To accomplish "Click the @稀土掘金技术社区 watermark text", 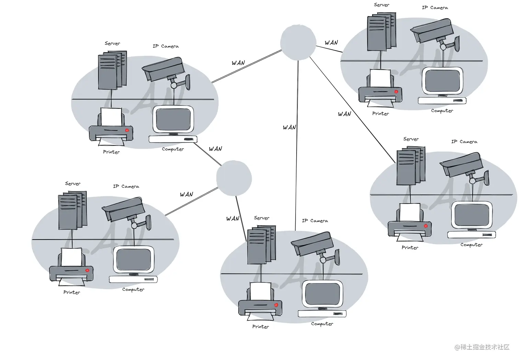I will (482, 347).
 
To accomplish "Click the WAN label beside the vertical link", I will (289, 127).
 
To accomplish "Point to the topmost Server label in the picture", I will (381, 5).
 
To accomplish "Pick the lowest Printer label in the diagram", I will (261, 327).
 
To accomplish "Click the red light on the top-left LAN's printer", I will (127, 130).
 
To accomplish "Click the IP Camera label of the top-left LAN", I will (165, 46).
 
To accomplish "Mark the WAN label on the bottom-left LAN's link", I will (186, 195).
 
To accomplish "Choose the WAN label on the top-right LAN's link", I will (331, 43).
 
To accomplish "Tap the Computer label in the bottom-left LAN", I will (133, 289).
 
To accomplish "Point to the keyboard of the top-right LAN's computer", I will (442, 101).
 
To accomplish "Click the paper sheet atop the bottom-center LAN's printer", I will (261, 291).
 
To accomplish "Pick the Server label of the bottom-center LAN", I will (262, 218).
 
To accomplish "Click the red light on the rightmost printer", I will (426, 226).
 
